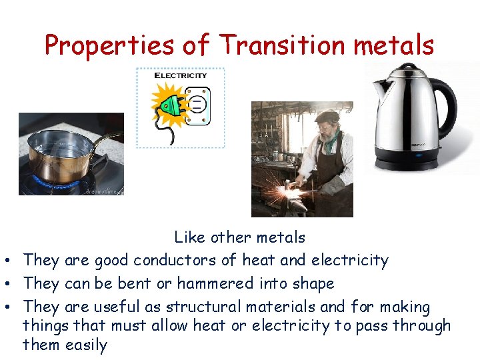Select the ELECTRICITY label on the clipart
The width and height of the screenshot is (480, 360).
(x=181, y=75)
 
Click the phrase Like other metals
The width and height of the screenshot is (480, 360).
(x=240, y=237)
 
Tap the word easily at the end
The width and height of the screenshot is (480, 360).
(x=86, y=345)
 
